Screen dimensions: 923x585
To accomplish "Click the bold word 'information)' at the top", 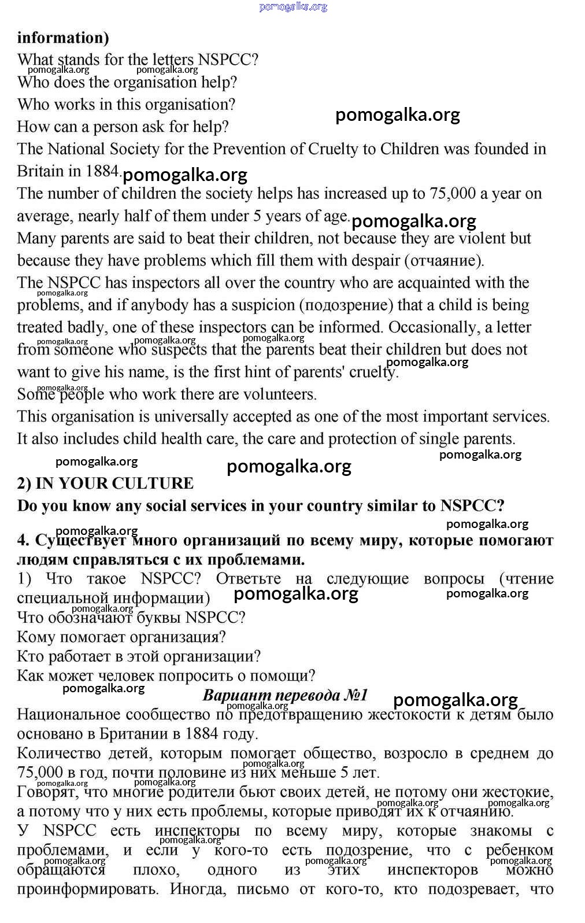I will click(63, 38).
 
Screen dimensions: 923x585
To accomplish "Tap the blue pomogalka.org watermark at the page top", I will click(293, 7).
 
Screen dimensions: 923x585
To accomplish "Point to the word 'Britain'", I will click(39, 171).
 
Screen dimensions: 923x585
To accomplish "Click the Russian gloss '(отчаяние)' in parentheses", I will click(444, 261).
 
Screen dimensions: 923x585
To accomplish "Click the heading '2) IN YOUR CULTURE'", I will click(105, 483).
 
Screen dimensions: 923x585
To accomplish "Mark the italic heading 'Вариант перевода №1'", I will click(285, 695).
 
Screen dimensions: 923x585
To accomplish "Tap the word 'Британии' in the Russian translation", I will click(134, 734).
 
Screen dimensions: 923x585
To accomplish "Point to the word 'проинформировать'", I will click(87, 889).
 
